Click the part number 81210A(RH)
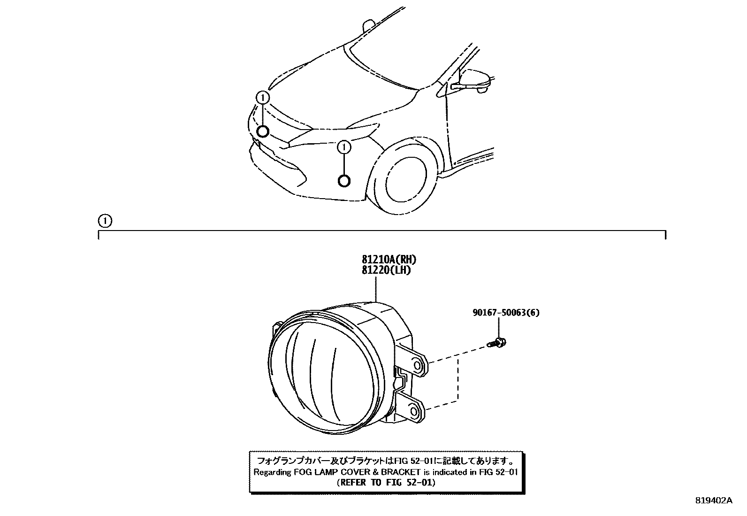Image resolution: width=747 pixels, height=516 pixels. coord(389,259)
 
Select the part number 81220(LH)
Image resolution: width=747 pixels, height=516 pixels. coord(386,270)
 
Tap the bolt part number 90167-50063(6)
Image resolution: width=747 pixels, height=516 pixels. coord(506,312)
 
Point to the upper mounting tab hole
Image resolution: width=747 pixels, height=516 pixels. coord(417,364)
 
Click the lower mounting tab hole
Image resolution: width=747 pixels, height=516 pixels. coord(414,411)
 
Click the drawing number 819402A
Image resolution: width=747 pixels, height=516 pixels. coord(713,501)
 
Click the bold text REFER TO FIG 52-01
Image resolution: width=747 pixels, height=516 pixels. coord(386,482)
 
